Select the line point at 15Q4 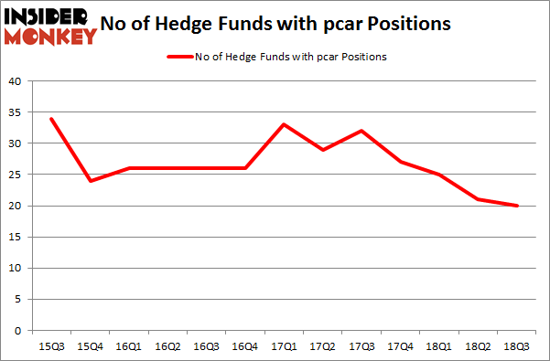click(x=89, y=181)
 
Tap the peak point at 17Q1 click(x=285, y=124)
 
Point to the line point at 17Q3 click(x=362, y=131)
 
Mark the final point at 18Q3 click(x=519, y=206)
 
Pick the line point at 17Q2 click(x=324, y=150)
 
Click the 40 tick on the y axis click(x=16, y=81)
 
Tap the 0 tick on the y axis click(x=18, y=330)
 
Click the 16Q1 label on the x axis click(x=128, y=346)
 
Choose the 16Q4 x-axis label click(x=245, y=346)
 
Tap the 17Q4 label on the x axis click(x=402, y=346)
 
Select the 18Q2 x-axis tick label click(x=480, y=346)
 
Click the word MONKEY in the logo click(x=51, y=37)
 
